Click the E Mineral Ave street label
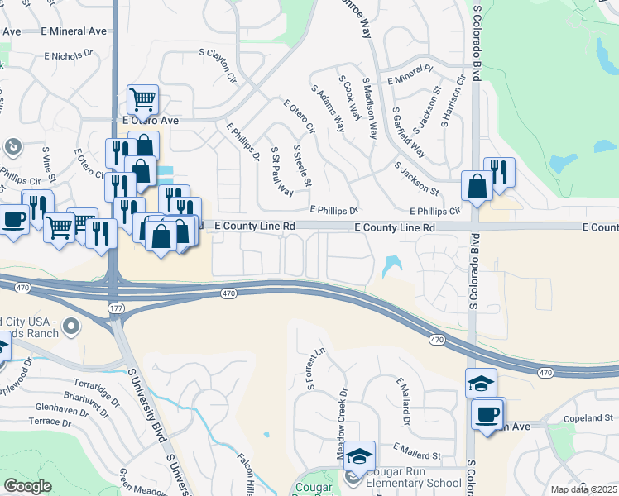coord(74,31)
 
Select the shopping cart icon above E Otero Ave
coord(143,101)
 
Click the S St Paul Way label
coord(281,171)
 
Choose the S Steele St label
coord(301,165)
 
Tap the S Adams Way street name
coord(328,107)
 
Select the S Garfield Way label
coord(408,131)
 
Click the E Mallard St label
coord(418,451)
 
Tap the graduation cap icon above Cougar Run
coord(360,456)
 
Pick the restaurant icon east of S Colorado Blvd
coord(499,173)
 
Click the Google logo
coord(28,486)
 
